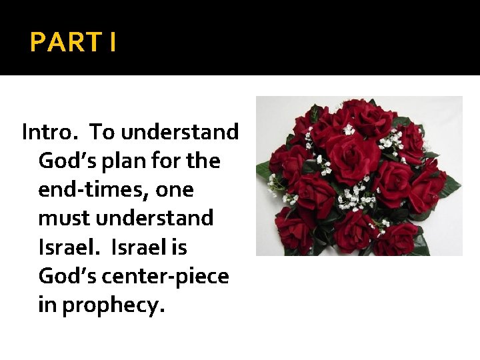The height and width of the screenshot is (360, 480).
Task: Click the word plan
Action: click(120, 161)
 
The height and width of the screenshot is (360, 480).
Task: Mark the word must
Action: click(65, 219)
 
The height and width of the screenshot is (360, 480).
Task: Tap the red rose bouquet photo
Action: click(359, 176)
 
